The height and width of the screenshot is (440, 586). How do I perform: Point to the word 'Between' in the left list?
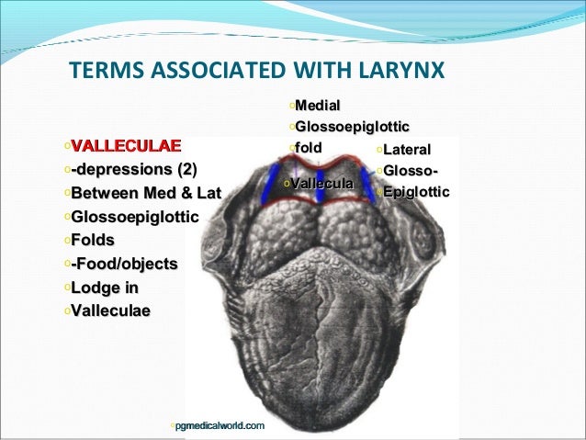click(x=102, y=194)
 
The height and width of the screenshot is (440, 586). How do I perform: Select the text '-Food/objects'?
click(x=124, y=265)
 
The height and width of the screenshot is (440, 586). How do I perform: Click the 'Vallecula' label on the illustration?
click(x=322, y=185)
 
